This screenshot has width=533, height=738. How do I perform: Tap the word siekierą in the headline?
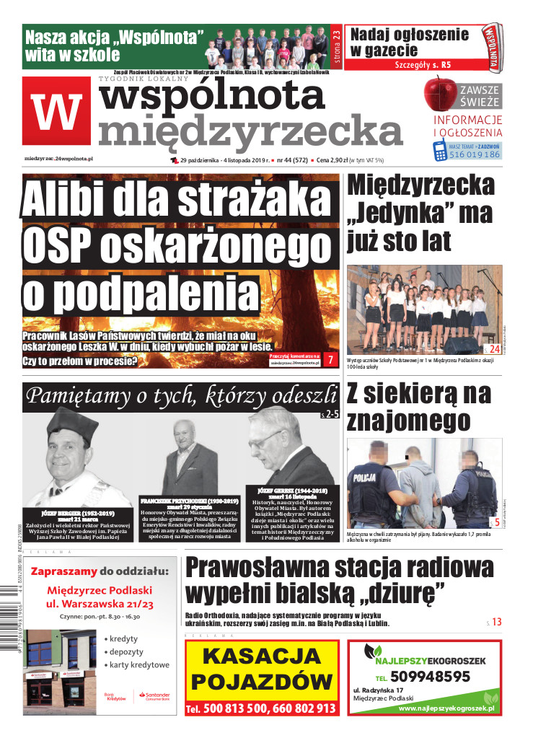(x=419, y=395)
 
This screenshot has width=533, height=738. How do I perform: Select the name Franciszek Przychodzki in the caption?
(x=190, y=500)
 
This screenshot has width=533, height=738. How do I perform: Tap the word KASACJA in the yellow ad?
(x=261, y=656)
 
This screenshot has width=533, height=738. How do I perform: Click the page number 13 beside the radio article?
(x=497, y=621)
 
